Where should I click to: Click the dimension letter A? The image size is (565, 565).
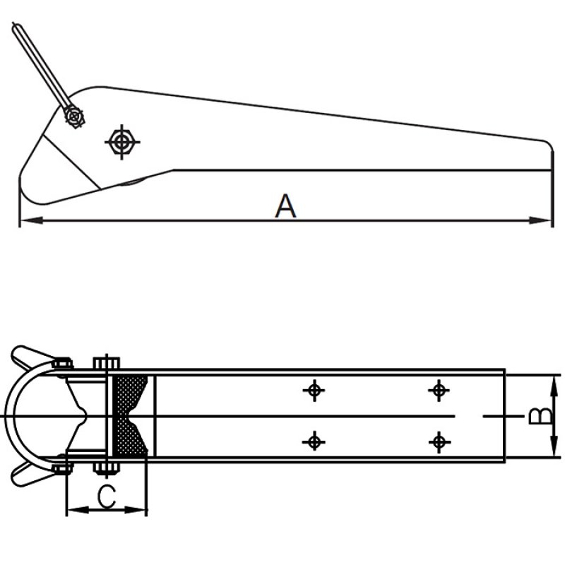click(x=285, y=206)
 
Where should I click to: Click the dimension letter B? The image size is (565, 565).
click(x=540, y=416)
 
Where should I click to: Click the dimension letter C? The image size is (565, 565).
click(x=106, y=496)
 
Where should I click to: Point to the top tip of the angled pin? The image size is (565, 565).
click(x=15, y=28)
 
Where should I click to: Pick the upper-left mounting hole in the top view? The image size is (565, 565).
click(x=314, y=390)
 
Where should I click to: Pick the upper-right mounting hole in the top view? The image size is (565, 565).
click(x=439, y=390)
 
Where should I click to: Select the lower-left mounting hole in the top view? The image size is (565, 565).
click(x=314, y=442)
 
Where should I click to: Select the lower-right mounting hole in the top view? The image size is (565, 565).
click(x=439, y=442)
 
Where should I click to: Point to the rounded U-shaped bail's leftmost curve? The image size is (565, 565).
click(x=7, y=416)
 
